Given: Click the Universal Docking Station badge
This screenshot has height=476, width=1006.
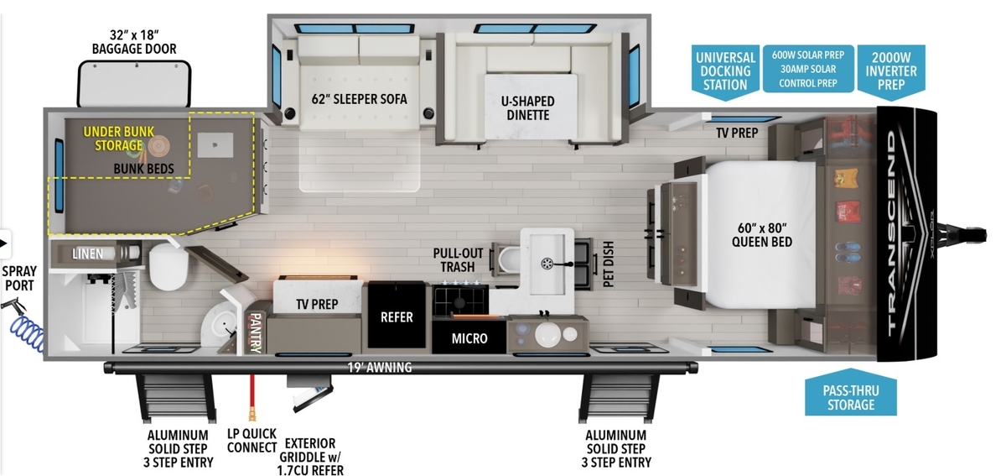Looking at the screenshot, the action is point(725,71).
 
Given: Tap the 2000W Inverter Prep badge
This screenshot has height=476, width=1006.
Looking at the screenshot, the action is point(891,71).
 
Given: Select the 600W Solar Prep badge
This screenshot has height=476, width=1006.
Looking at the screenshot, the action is point(808,68).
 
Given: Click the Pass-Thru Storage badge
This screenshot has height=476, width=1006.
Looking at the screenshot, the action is point(851,393).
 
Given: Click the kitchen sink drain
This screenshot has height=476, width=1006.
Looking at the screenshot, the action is point(547,264).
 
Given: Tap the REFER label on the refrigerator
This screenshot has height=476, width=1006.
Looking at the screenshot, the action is point(397,317).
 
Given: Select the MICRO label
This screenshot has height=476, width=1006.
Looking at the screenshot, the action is point(469,338).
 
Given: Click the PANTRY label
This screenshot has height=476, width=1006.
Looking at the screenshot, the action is point(255,333).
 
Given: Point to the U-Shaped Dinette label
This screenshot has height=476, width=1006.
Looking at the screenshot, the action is point(527,108).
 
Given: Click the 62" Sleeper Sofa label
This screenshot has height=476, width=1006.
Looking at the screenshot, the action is point(360,99).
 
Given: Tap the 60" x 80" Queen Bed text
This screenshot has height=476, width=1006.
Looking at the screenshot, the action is point(762,235).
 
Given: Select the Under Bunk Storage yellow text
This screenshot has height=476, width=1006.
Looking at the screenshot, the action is point(118,139).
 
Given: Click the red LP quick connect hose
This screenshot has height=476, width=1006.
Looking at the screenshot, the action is point(252,397).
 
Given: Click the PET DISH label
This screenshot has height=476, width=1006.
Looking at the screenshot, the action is point(608,264).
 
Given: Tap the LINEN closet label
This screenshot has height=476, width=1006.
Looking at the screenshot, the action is point(87,254).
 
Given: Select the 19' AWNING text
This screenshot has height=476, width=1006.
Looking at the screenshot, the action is point(380,368).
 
